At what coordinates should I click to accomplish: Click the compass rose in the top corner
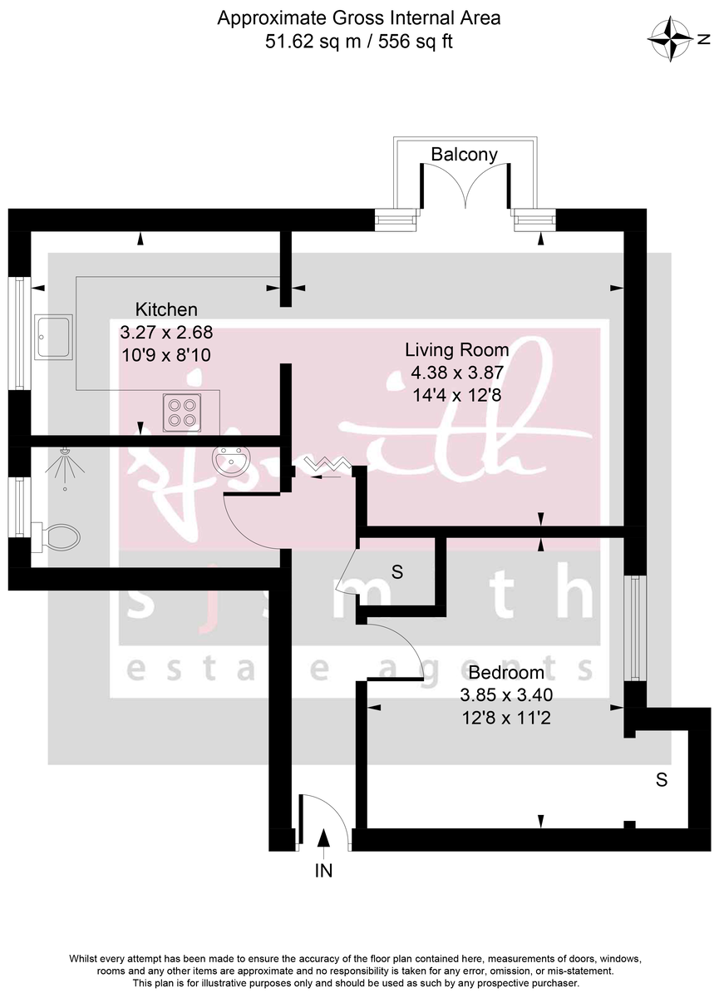pyautogui.click(x=672, y=39)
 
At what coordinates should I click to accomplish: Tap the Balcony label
pyautogui.click(x=464, y=154)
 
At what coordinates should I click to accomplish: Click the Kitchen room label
pyautogui.click(x=167, y=309)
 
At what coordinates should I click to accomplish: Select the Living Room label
pyautogui.click(x=456, y=350)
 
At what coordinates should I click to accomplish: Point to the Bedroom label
pyautogui.click(x=506, y=672)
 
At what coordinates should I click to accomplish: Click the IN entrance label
pyautogui.click(x=323, y=871)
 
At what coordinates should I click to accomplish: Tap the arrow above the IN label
pyautogui.click(x=323, y=841)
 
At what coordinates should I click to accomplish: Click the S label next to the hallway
pyautogui.click(x=397, y=572)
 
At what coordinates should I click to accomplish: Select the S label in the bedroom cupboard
pyautogui.click(x=662, y=780)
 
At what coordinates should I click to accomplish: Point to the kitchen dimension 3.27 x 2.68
pyautogui.click(x=167, y=332)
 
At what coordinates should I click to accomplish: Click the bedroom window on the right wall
pyautogui.click(x=635, y=628)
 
